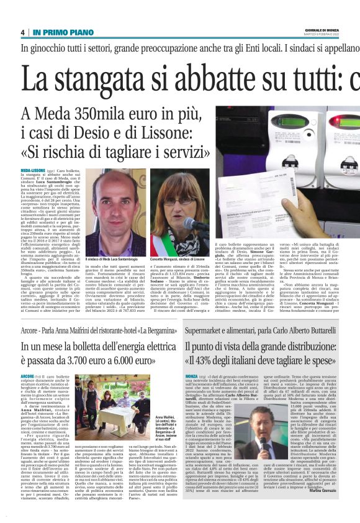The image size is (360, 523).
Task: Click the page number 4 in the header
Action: pyautogui.click(x=22, y=32)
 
